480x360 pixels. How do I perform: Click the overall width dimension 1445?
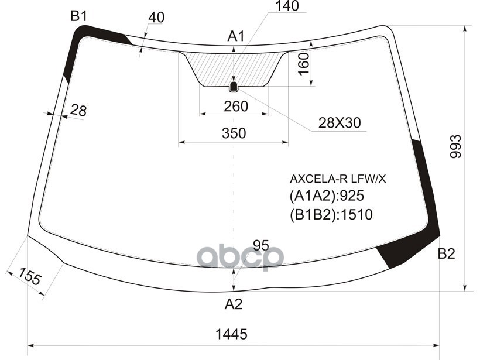[x=231, y=334]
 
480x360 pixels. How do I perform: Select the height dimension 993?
[x=455, y=146]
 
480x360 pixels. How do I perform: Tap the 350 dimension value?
[x=234, y=133]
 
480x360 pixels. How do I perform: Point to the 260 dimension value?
[x=236, y=106]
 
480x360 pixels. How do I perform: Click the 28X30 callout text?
[x=340, y=123]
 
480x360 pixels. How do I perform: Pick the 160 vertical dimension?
[x=304, y=64]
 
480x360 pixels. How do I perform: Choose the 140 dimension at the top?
[x=287, y=6]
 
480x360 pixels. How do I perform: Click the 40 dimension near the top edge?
[x=156, y=18]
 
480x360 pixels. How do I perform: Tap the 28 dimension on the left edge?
[x=78, y=110]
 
